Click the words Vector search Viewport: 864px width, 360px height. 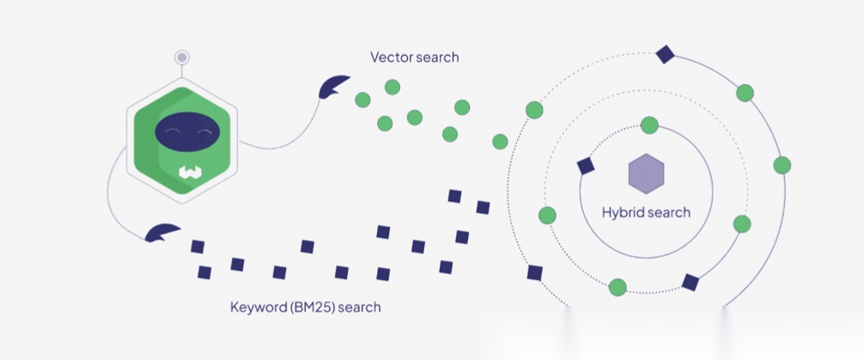(x=414, y=58)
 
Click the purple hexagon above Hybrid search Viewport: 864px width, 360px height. (x=646, y=174)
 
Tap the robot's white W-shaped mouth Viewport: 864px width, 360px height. (x=189, y=173)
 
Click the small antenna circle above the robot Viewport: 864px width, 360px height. (x=182, y=58)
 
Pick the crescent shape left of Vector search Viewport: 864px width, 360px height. (x=332, y=86)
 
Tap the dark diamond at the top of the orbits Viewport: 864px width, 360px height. (x=664, y=55)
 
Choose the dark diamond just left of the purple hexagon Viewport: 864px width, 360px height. (x=587, y=166)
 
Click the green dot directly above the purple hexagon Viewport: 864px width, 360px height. (x=650, y=125)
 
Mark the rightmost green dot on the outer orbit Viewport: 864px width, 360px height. (x=782, y=165)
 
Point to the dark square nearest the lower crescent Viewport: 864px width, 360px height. (x=198, y=247)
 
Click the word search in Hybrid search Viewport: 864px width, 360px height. (x=670, y=212)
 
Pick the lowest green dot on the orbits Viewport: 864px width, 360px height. (x=618, y=287)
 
